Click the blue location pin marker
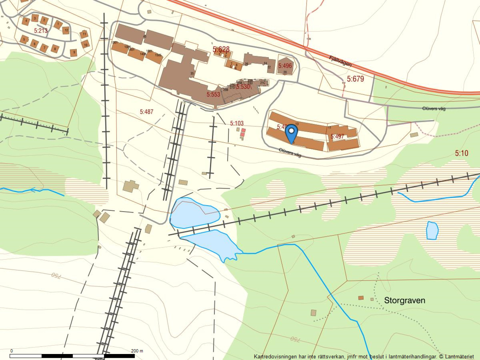pos(291,132)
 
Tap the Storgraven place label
pos(404,300)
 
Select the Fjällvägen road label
pos(340,61)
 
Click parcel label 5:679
pos(355,79)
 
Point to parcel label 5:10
pos(461,153)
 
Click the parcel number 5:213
pos(40,31)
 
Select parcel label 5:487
pos(146,112)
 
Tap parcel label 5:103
pos(237,123)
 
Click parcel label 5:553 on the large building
pos(213,94)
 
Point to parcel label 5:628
pos(221,49)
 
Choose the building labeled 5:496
pos(285,65)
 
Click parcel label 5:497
pos(337,136)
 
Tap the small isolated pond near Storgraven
pos(432,230)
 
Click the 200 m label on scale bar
pos(137,351)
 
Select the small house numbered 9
pos(74,53)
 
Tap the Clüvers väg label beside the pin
pos(290,153)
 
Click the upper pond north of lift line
pos(194,212)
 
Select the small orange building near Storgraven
pos(361,298)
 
